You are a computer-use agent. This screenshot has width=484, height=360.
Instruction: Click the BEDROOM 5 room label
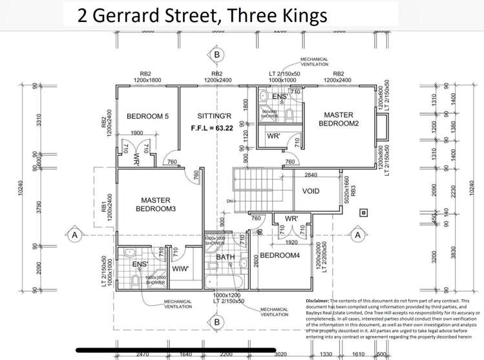(147, 116)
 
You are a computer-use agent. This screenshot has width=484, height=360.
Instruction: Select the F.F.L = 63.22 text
(215, 128)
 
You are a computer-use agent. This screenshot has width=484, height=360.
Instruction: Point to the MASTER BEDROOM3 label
(156, 204)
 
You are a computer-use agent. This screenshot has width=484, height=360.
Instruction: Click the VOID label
(311, 191)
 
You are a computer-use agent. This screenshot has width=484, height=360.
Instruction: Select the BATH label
(226, 257)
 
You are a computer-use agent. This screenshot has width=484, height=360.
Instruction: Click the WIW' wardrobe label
(180, 268)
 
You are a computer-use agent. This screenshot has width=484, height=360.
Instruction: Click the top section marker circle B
(217, 55)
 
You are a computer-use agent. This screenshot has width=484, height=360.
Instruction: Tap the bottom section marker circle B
(217, 321)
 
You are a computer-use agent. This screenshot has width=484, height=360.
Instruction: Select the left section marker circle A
(75, 235)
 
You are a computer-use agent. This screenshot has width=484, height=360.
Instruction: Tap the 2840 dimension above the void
(311, 175)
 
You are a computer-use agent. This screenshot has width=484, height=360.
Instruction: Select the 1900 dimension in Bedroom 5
(136, 133)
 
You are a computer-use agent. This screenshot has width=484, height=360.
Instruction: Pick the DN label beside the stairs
(229, 201)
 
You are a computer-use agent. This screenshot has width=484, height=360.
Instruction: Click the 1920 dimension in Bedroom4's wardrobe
(289, 243)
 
